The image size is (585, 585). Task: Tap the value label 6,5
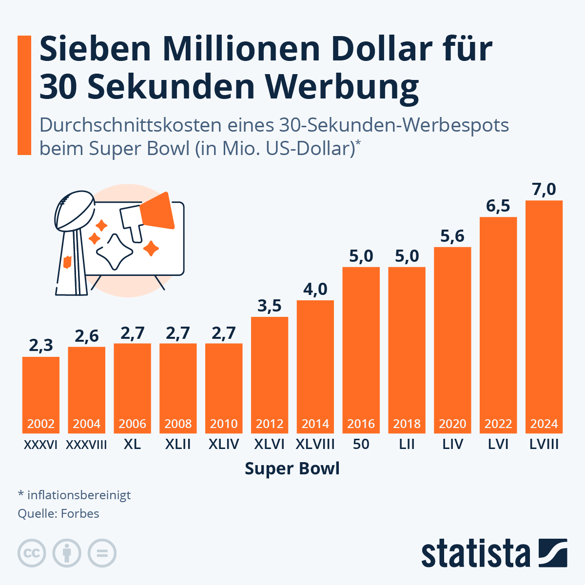(498, 206)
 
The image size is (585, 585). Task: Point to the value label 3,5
(270, 306)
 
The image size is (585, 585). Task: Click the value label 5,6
(452, 236)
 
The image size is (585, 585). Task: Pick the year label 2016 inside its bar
(361, 424)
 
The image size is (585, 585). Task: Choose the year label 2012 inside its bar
(270, 424)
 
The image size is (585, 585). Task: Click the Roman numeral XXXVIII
(86, 445)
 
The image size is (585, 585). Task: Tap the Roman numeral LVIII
(544, 445)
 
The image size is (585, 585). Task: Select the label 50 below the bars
(361, 445)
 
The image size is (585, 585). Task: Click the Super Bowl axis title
(292, 468)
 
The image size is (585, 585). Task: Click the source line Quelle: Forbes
(58, 513)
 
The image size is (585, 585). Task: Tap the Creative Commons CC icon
(32, 553)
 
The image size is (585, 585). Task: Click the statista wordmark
(475, 553)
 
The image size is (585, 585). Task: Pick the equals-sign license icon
(102, 553)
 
